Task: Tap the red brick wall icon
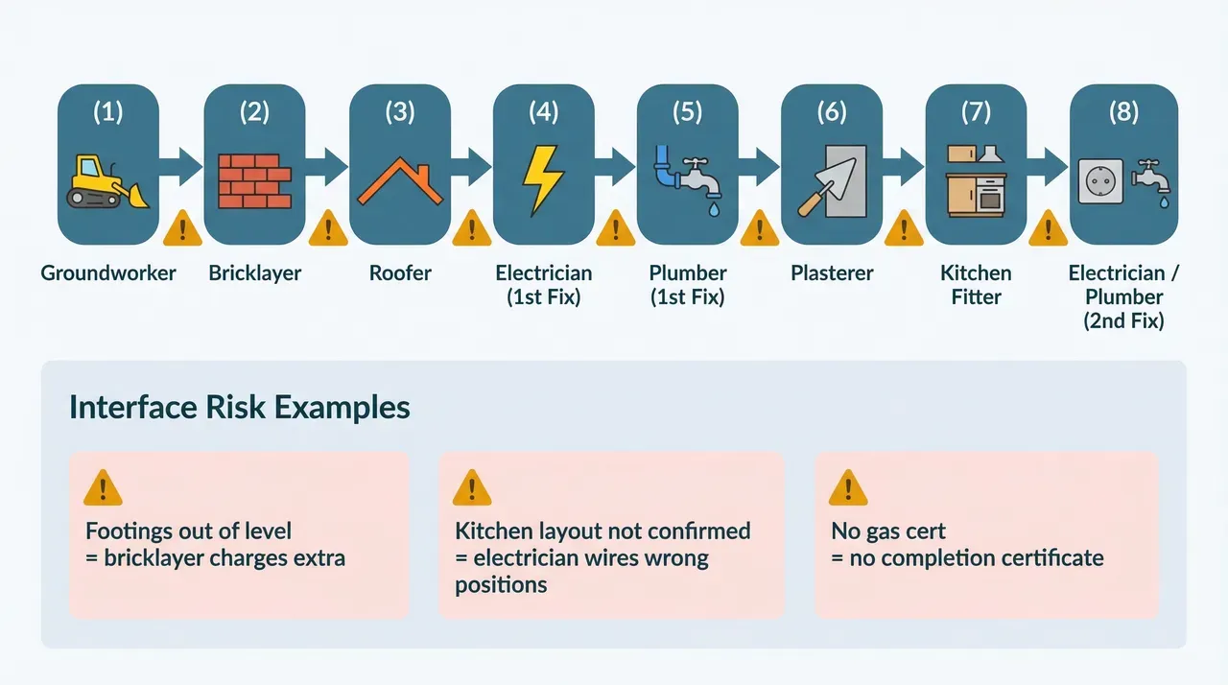254,180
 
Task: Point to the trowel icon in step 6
831,182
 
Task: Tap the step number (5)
687,112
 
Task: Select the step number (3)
399,112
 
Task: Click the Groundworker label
108,273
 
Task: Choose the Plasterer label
832,273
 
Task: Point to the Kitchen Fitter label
976,285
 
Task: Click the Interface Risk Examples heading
240,407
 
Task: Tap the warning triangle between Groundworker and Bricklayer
181,228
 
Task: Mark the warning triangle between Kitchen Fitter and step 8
1048,228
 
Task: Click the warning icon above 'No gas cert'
848,487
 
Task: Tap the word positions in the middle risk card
501,584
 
